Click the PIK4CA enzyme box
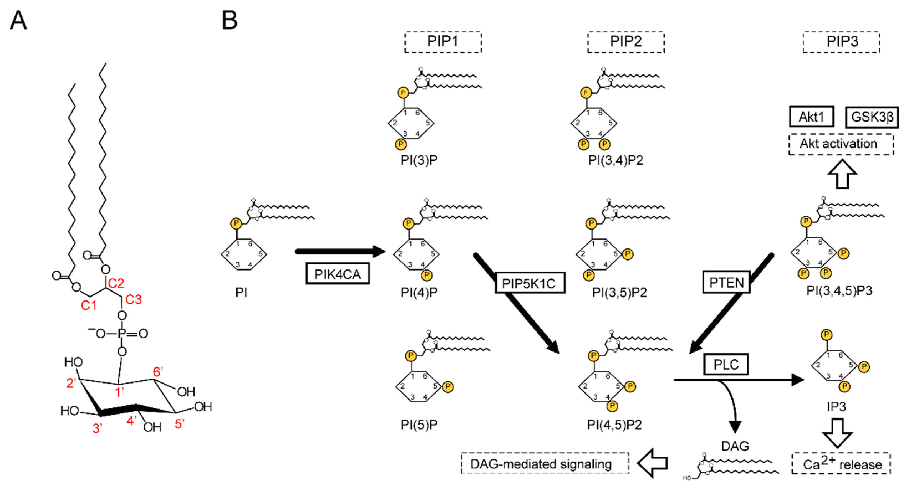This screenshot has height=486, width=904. pyautogui.click(x=337, y=274)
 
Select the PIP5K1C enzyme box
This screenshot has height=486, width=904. pyautogui.click(x=530, y=283)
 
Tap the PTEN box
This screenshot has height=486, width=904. pyautogui.click(x=726, y=282)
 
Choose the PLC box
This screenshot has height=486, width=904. pyautogui.click(x=726, y=364)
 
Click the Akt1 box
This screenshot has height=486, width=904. pyautogui.click(x=811, y=116)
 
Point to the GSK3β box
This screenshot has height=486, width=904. pyautogui.click(x=872, y=117)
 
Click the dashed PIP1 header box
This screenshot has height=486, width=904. pyautogui.click(x=443, y=42)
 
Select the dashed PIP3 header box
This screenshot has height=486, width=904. pyautogui.click(x=841, y=42)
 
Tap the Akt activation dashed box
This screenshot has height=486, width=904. pyautogui.click(x=841, y=144)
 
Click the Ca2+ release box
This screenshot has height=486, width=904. pyautogui.click(x=841, y=464)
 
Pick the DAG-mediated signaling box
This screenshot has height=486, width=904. pyautogui.click(x=545, y=464)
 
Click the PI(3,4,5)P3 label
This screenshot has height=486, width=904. pyautogui.click(x=839, y=291)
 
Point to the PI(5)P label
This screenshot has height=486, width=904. pyautogui.click(x=419, y=425)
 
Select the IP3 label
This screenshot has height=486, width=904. pyautogui.click(x=836, y=407)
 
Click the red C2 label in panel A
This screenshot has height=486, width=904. pyautogui.click(x=116, y=283)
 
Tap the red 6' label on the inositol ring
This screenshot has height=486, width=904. pyautogui.click(x=158, y=372)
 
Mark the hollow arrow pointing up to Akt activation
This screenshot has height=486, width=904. pyautogui.click(x=842, y=174)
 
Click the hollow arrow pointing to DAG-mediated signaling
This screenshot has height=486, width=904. pyautogui.click(x=652, y=463)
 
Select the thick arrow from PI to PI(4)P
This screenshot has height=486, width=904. pyautogui.click(x=340, y=251)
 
